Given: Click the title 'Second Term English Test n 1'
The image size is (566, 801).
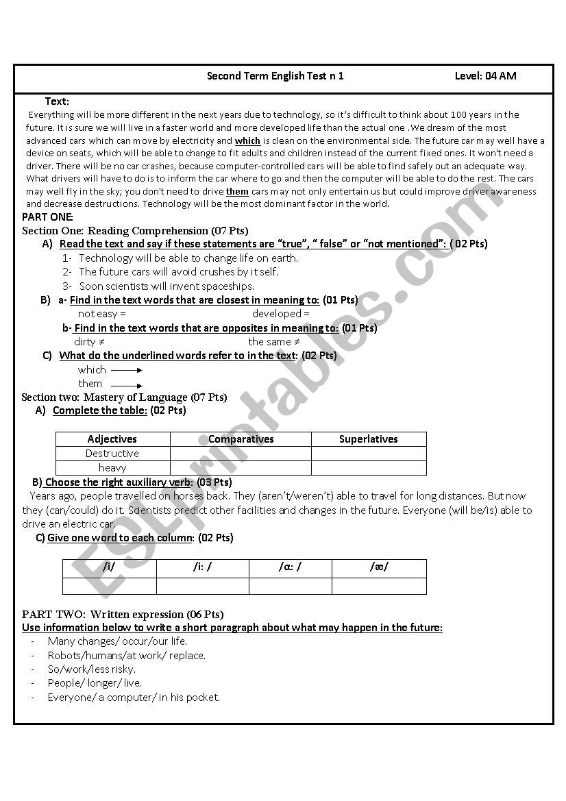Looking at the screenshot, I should (x=275, y=76).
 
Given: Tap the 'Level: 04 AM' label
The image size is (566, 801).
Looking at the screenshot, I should (x=485, y=76).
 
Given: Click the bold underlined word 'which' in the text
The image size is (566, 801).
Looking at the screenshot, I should (x=247, y=140).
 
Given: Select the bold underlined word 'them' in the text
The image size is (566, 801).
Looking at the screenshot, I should (x=237, y=192).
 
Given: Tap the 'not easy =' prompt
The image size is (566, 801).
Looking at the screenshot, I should (x=102, y=314).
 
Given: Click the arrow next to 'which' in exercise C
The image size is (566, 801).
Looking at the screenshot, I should (x=127, y=370).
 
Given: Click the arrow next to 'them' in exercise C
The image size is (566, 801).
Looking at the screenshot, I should (x=127, y=385).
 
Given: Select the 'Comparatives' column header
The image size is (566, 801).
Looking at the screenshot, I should (x=241, y=439).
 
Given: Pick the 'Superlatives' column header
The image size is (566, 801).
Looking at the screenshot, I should (x=368, y=439).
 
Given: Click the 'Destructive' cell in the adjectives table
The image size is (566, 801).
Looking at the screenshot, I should (x=112, y=454).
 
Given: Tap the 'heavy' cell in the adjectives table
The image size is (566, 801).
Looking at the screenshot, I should (x=112, y=468).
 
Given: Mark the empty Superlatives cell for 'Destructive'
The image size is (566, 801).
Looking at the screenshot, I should (x=368, y=454).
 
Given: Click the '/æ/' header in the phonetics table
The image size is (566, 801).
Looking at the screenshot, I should (x=379, y=567).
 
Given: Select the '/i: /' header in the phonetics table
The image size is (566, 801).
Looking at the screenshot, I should (x=202, y=567).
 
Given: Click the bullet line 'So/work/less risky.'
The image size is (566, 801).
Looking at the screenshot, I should (x=91, y=669).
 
